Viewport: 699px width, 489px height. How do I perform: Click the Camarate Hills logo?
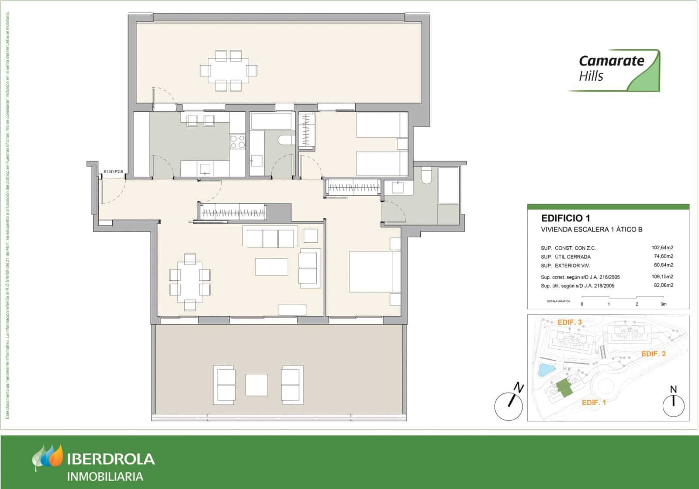click(x=614, y=70)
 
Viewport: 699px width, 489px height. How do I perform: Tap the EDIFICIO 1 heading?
click(x=565, y=218)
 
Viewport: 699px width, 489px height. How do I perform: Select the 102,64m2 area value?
click(x=662, y=248)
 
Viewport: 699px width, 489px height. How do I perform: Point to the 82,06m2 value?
click(x=662, y=286)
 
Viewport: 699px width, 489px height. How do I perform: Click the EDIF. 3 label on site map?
click(x=570, y=322)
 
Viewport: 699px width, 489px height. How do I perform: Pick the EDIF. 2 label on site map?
click(x=653, y=354)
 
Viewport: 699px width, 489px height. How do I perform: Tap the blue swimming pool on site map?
click(x=545, y=370)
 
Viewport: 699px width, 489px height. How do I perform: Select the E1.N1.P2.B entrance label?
click(x=113, y=172)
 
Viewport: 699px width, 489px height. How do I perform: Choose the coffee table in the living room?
click(x=271, y=267)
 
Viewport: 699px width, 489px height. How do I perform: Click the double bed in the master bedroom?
click(x=374, y=272)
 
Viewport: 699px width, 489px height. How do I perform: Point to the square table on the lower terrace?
click(x=256, y=385)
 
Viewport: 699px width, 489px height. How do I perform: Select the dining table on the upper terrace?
click(x=228, y=70)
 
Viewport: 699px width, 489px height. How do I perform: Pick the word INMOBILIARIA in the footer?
click(x=105, y=476)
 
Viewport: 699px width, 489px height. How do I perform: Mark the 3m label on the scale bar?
click(x=663, y=304)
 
